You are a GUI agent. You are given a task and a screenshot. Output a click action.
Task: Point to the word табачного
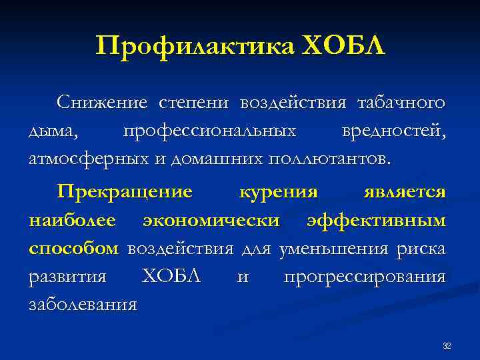coord(401,103)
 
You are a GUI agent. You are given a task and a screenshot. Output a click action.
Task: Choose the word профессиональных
coord(210,131)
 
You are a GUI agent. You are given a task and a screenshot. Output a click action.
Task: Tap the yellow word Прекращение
coord(125,192)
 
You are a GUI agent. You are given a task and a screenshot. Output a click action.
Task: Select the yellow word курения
coord(278,192)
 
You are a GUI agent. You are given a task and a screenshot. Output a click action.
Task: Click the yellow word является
coord(405,192)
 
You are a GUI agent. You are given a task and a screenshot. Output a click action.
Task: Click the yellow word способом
coord(73,249)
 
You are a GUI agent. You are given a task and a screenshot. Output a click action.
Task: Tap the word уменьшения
coord(326,249)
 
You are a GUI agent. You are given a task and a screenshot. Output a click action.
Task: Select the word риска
coord(420,249)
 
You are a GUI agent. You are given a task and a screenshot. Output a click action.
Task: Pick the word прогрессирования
coord(364,277)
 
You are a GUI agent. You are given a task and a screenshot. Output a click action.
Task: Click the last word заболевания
coord(83,305)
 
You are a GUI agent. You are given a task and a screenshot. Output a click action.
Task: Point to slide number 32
coord(447,345)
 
